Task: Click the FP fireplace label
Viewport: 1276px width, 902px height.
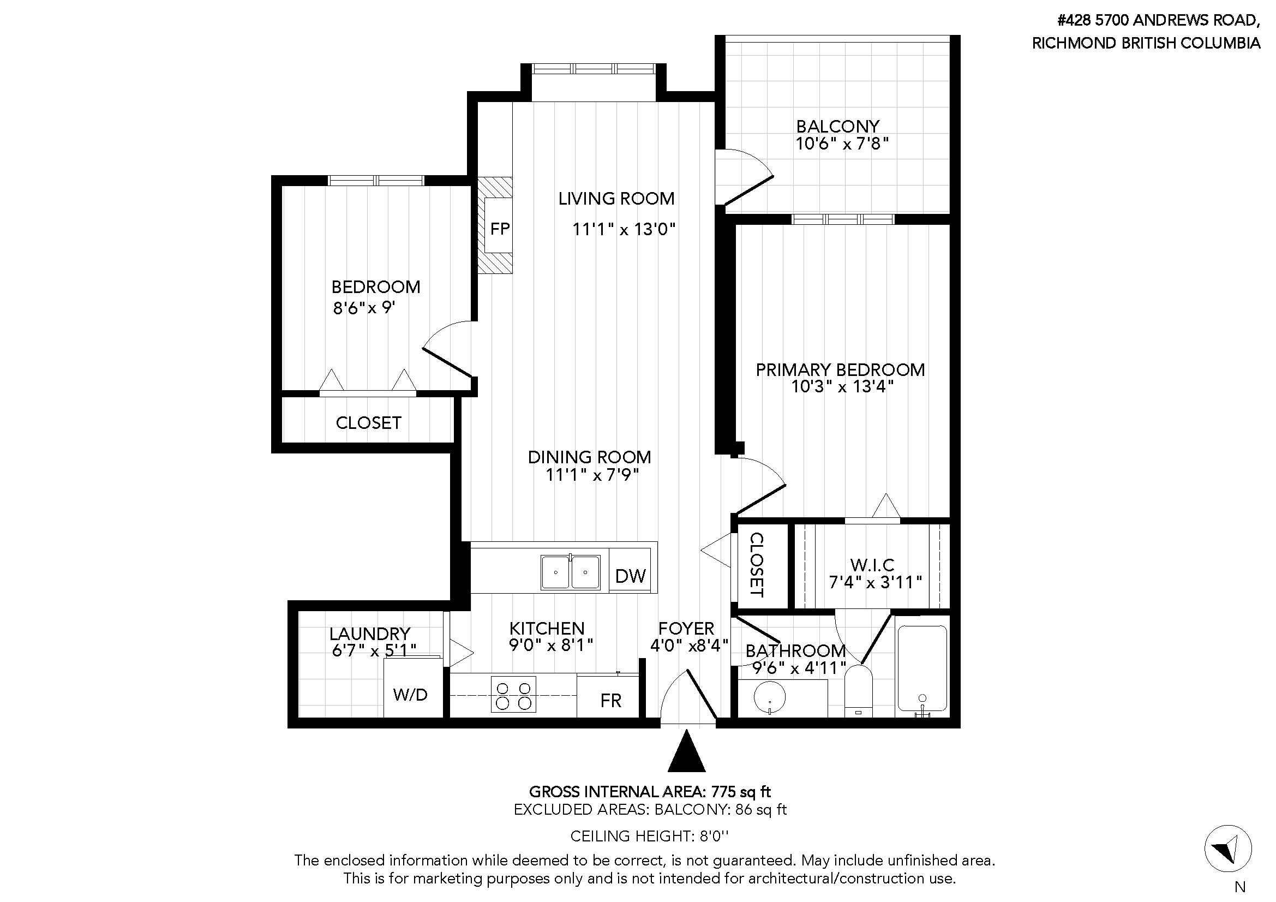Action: [500, 229]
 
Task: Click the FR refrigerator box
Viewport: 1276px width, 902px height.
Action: [610, 696]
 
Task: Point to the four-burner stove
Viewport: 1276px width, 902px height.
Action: [513, 694]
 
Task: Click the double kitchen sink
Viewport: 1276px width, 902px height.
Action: [571, 572]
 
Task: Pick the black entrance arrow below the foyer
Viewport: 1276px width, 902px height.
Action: [687, 751]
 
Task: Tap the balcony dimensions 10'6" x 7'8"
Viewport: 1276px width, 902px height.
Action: [842, 144]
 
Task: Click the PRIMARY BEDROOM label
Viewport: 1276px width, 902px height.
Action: [840, 369]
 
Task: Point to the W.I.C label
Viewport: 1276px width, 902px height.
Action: [872, 565]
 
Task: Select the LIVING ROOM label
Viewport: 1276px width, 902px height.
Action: [616, 199]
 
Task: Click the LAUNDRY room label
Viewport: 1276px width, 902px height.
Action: [369, 634]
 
